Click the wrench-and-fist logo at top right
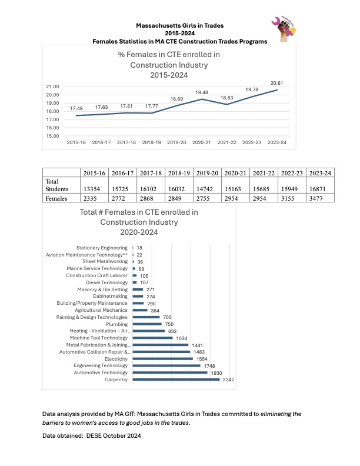284,28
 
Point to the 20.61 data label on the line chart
276,83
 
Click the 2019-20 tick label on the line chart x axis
176,142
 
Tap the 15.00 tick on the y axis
52,136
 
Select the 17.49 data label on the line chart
76,108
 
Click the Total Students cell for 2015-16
92,189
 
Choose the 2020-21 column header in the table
235,173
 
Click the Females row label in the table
56,198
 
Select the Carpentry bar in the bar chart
176,380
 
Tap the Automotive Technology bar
170,372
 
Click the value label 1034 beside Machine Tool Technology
182,338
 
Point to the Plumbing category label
116,324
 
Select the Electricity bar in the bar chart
163,359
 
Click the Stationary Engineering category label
102,248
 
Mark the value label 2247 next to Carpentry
228,380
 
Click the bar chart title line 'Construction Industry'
139,222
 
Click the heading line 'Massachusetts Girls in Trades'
179,25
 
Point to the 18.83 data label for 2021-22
226,98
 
